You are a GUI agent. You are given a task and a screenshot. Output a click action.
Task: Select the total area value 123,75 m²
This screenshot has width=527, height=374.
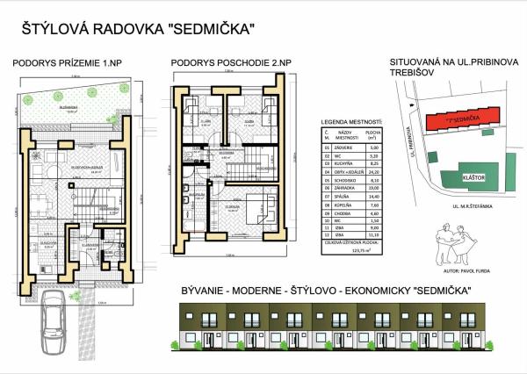coord(360,251)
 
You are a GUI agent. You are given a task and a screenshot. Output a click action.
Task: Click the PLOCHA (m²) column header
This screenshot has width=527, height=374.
coord(372,135)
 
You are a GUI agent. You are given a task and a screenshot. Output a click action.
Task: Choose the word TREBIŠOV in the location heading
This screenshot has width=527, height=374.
coord(416,74)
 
